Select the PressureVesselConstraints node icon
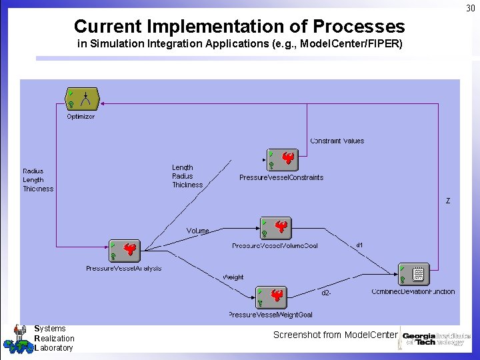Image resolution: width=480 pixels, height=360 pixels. (x=282, y=160)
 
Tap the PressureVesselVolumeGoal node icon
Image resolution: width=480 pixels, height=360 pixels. (x=275, y=229)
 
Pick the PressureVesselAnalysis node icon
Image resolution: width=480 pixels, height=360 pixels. (x=125, y=251)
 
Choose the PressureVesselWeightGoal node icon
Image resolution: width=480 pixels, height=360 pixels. (x=271, y=297)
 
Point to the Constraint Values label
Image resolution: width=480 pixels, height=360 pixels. (x=337, y=141)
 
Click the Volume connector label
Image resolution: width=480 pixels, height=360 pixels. (x=197, y=231)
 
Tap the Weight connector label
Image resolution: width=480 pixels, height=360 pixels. (x=233, y=277)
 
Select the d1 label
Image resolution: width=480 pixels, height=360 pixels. (x=359, y=245)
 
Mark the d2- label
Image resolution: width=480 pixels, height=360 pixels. (x=327, y=293)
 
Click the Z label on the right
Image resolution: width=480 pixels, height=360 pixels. (x=448, y=201)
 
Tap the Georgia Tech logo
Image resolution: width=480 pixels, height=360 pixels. (x=435, y=339)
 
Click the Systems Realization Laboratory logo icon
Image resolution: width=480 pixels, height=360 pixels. (x=15, y=339)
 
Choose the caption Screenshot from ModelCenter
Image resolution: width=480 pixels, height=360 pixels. (x=335, y=335)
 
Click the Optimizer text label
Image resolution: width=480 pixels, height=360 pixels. (x=81, y=117)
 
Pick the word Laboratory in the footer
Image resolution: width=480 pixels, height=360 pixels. (x=53, y=347)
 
